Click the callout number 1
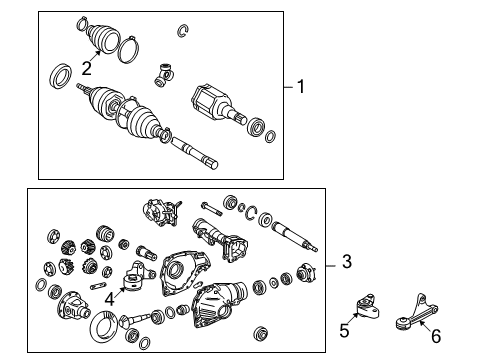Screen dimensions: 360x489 pyautogui.click(x=300, y=87)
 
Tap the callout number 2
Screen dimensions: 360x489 pyautogui.click(x=87, y=68)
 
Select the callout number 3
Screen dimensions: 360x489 pyautogui.click(x=346, y=263)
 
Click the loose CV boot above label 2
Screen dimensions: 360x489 pyautogui.click(x=99, y=39)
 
